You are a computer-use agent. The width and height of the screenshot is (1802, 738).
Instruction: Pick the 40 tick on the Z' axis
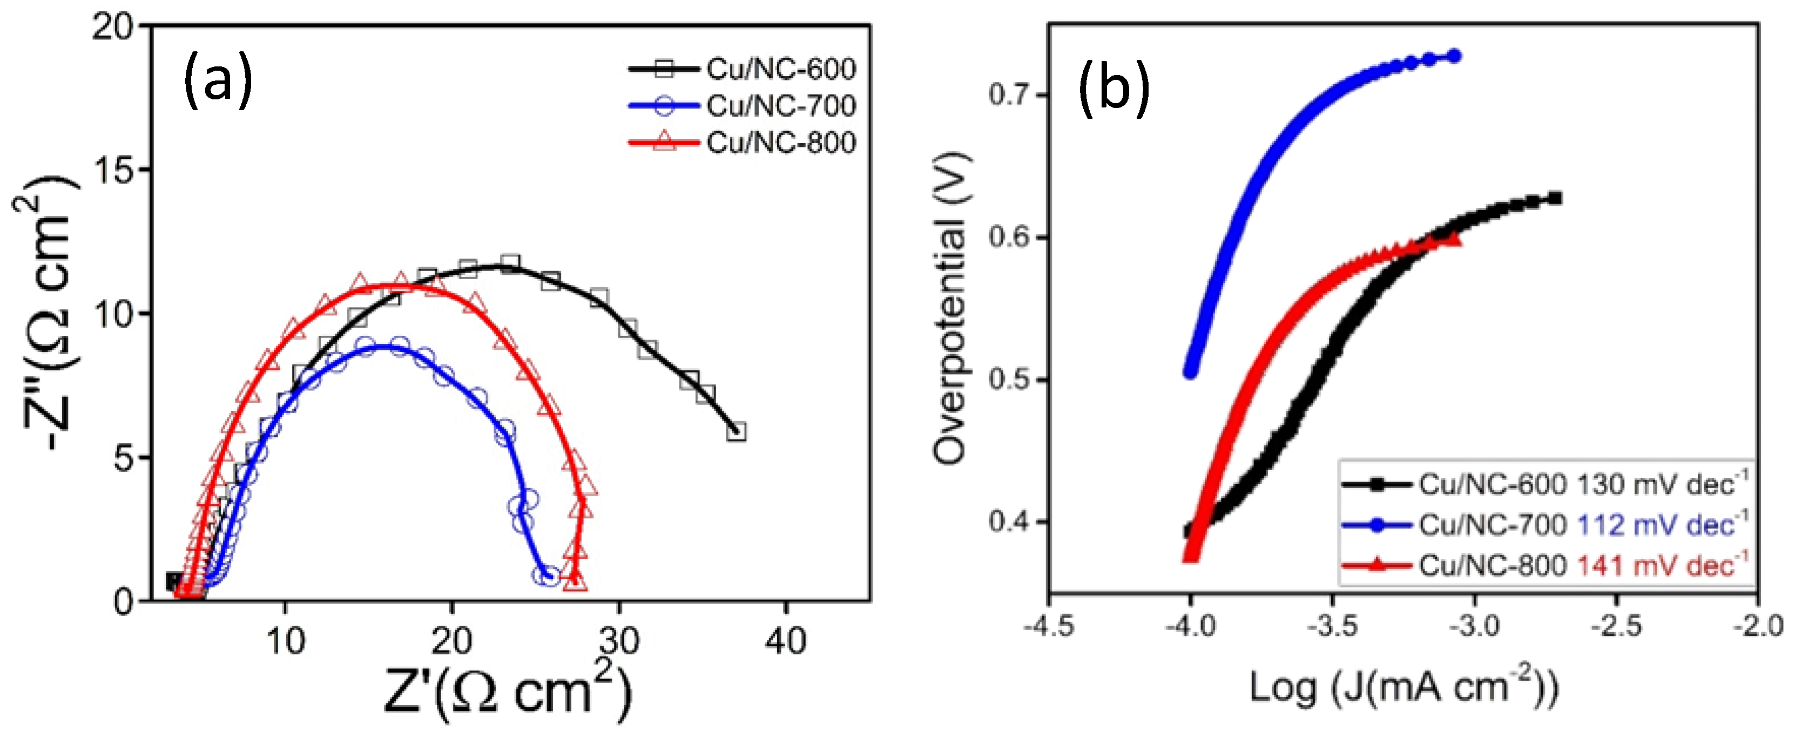tap(785, 641)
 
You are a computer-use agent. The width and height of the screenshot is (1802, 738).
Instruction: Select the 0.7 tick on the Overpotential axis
tap(1009, 94)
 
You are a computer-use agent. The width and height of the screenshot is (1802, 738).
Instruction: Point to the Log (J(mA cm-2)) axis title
tap(1402, 688)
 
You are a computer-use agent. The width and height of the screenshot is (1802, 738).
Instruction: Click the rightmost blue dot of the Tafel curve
tap(1454, 56)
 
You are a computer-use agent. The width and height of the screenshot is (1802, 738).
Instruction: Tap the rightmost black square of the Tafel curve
tap(1554, 198)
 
